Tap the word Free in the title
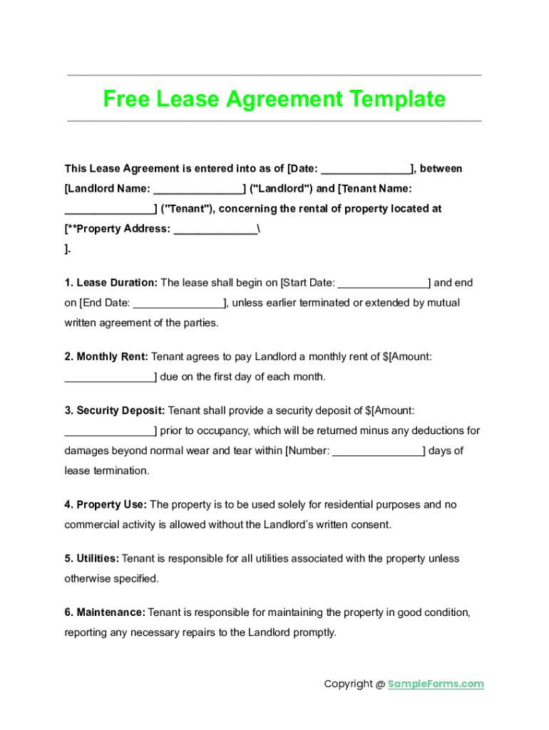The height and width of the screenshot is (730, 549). (x=125, y=98)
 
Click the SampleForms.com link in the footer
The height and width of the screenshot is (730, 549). (x=436, y=684)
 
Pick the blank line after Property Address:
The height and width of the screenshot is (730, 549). (x=215, y=230)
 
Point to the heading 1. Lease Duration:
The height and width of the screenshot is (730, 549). (x=112, y=283)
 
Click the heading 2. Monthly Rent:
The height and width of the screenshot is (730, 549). (x=106, y=356)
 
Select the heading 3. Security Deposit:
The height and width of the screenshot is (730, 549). (x=115, y=411)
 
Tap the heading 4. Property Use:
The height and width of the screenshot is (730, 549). (x=106, y=505)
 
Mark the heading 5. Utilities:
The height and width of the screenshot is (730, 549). (x=92, y=559)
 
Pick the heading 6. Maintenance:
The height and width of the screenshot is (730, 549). (x=105, y=612)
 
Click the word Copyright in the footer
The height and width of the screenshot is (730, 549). (x=348, y=684)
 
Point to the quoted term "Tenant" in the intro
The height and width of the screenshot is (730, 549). (x=186, y=209)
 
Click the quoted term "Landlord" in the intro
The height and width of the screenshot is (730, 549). (x=282, y=189)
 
